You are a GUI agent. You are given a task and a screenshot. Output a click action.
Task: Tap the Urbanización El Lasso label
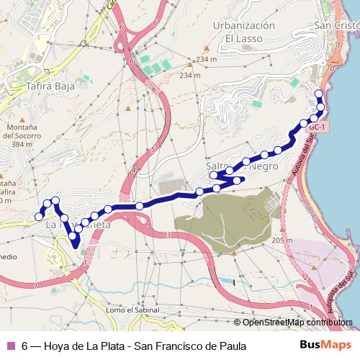pos(245,31)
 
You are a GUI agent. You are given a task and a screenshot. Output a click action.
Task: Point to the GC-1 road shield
pos(318,127)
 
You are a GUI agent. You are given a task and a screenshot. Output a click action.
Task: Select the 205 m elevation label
pos(282,240)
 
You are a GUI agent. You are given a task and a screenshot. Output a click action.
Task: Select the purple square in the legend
pos(10,346)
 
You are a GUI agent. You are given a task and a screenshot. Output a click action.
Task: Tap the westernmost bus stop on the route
pos(39,216)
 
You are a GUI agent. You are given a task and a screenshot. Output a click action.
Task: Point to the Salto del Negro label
pos(241,166)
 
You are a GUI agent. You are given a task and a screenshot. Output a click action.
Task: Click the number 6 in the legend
pos(25,346)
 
